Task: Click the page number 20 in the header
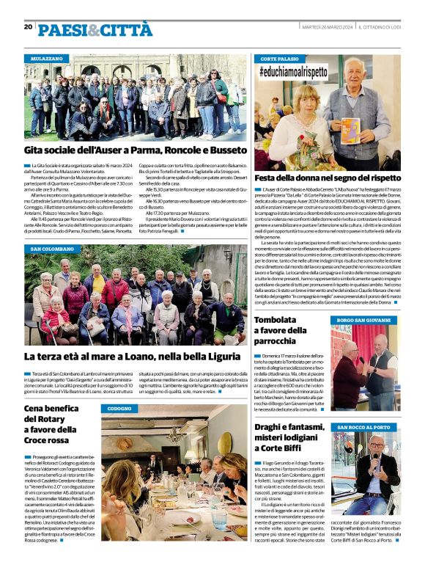(x=28, y=26)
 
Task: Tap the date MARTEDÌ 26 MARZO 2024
(x=327, y=26)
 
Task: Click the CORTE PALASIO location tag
(x=279, y=57)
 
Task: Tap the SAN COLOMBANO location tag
(x=52, y=249)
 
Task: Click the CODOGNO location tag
(x=119, y=408)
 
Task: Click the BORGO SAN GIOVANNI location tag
(x=363, y=321)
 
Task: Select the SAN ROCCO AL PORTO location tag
(x=364, y=427)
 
